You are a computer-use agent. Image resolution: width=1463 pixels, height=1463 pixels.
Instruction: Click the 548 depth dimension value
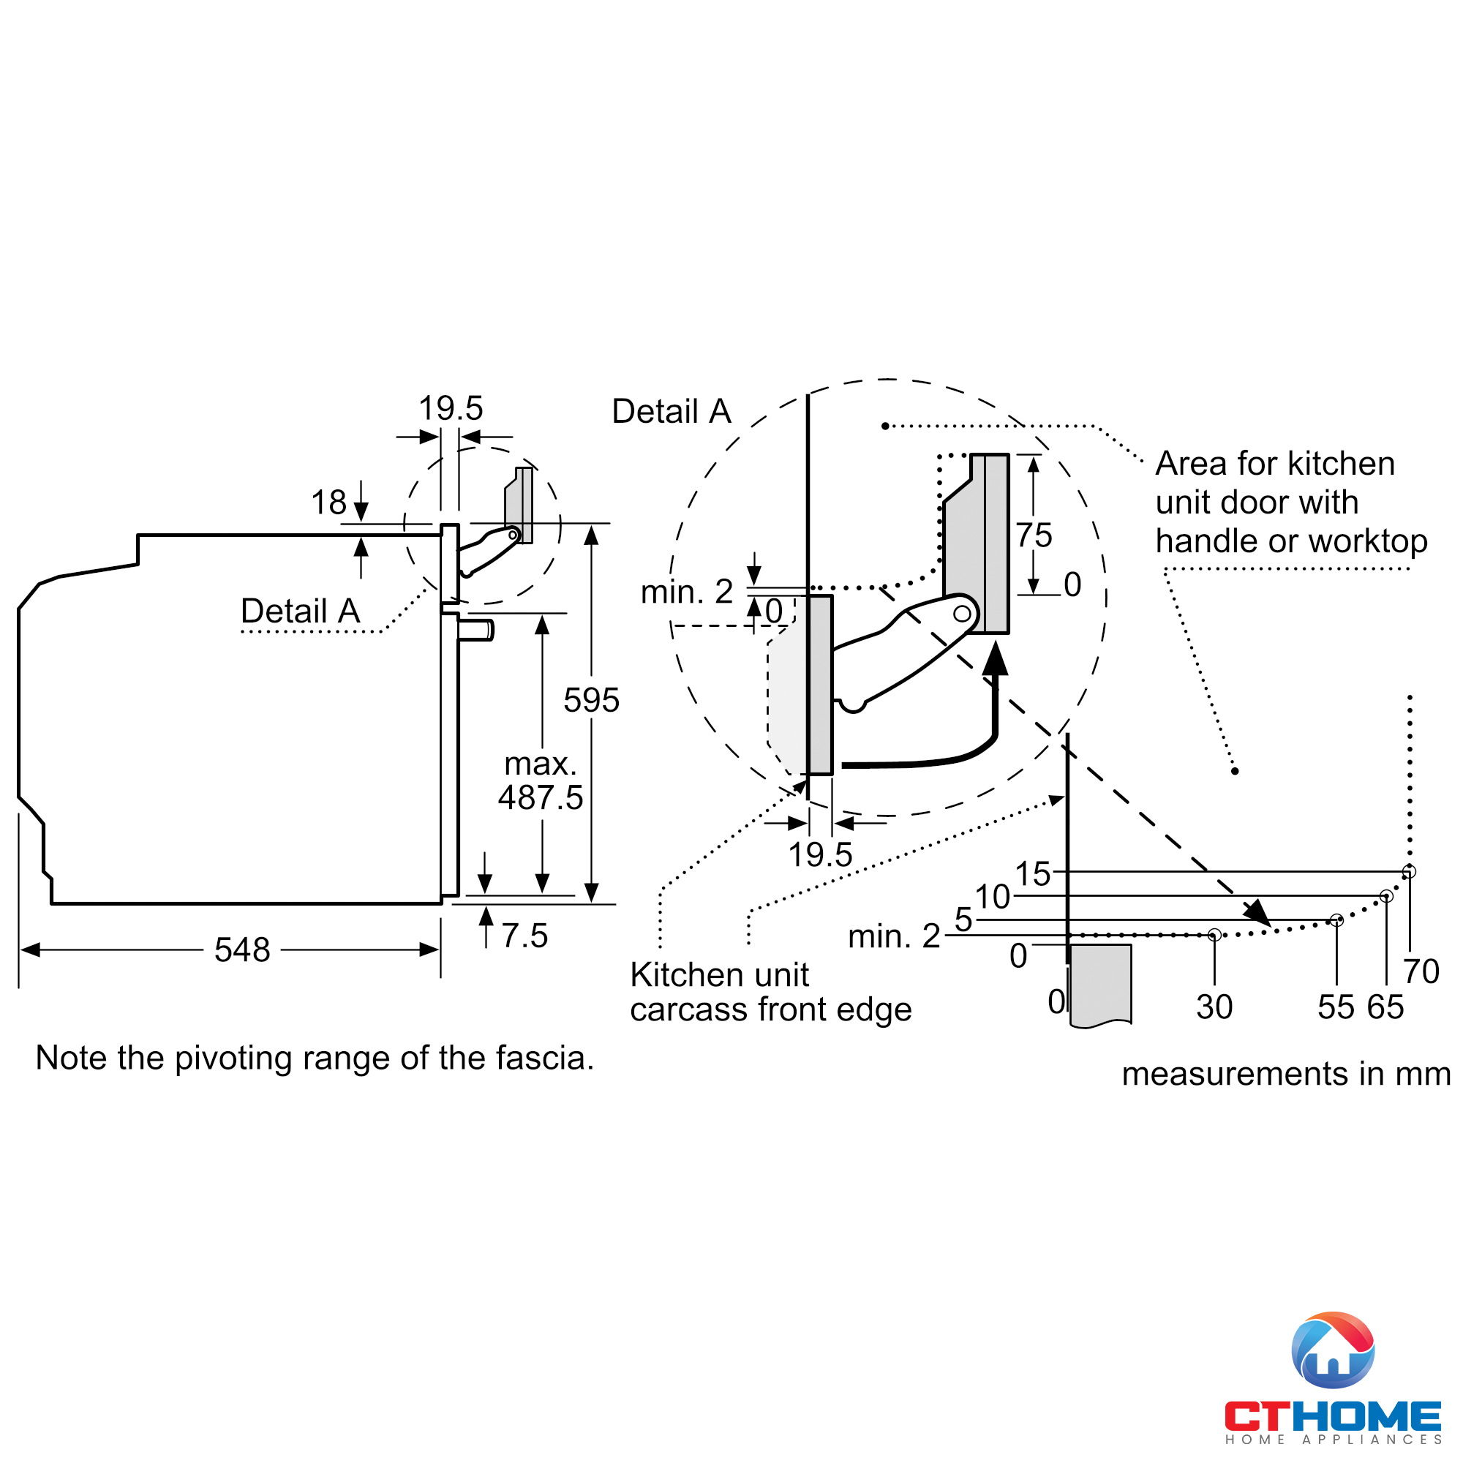241,949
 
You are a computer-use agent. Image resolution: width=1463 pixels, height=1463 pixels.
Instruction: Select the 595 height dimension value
590,700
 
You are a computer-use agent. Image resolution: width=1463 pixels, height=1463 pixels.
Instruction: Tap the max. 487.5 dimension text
541,781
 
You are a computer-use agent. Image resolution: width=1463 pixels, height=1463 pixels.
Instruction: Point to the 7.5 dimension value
524,936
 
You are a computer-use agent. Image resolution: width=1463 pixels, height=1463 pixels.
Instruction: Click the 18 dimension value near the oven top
328,502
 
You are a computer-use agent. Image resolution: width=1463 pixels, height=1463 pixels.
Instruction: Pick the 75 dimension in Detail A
1034,535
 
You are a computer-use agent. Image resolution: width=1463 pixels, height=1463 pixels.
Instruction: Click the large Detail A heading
671,411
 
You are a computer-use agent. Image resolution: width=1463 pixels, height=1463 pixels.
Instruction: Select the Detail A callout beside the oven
300,610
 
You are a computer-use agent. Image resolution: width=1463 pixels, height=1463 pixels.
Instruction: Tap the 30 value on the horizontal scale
1214,1007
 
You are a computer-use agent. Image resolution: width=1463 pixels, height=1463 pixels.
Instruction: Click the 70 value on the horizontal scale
1421,971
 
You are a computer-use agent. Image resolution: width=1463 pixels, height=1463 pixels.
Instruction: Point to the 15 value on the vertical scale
1032,874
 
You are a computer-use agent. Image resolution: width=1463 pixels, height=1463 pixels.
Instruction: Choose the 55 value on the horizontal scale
1336,1007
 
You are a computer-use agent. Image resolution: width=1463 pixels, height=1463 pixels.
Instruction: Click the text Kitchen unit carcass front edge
770,992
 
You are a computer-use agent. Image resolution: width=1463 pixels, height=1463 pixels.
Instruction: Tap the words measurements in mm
1285,1074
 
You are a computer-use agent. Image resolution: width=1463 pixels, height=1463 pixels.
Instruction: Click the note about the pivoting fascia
315,1058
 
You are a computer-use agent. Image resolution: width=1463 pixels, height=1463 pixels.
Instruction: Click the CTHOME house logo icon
1332,1350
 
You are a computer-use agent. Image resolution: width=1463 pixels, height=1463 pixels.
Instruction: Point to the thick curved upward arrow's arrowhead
995,658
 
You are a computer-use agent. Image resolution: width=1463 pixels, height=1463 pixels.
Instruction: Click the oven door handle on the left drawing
476,630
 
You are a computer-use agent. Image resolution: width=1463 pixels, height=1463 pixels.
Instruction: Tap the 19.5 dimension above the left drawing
451,408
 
